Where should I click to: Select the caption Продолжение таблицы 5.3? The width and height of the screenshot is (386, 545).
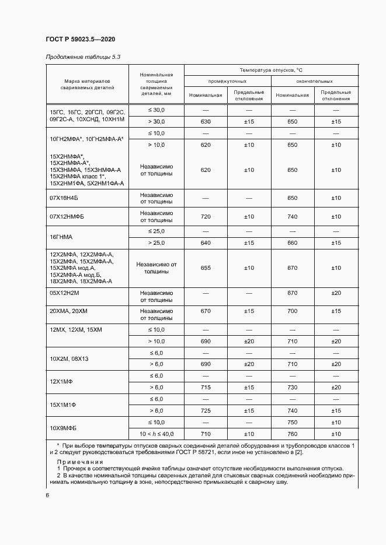click(82, 57)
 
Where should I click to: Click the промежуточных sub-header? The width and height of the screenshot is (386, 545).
click(227, 82)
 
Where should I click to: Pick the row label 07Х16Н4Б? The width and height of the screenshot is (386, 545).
click(67, 198)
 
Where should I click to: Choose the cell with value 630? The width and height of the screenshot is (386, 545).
click(206, 121)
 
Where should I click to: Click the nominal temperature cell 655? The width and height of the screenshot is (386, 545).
click(206, 268)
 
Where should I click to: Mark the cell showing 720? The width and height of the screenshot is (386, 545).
click(206, 217)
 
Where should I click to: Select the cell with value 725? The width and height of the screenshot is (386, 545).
click(206, 411)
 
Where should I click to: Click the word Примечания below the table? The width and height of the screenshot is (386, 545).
click(79, 461)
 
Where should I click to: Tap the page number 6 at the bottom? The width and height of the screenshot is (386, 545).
click(47, 495)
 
